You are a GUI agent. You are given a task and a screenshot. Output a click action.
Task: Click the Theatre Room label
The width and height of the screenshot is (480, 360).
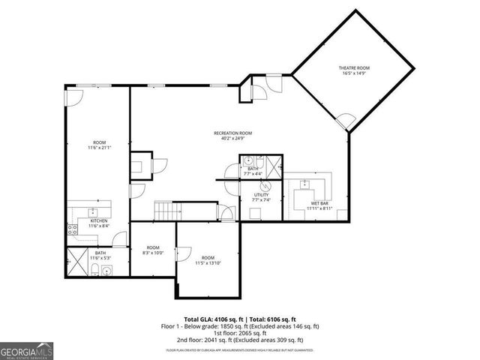(352, 68)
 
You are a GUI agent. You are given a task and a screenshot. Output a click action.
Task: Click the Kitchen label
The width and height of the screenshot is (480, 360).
(99, 220)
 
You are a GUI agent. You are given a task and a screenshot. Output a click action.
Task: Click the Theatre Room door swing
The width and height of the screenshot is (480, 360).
(346, 120)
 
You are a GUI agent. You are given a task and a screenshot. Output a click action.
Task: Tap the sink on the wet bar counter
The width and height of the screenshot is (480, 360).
(304, 184)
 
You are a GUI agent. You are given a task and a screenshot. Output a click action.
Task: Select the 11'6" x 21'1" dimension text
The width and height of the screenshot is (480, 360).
(100, 148)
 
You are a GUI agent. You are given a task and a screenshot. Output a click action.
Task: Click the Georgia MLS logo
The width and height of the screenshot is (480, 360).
(25, 350)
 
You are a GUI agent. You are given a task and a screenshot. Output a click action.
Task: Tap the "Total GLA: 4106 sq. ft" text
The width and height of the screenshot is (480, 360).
(211, 319)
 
